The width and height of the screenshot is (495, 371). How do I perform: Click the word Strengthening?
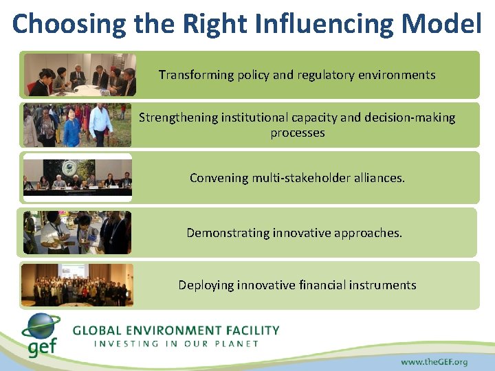point(178,117)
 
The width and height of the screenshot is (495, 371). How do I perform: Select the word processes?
point(297,133)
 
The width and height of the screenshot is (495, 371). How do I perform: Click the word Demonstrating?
point(228,233)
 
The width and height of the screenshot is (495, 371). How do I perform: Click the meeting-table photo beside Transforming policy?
point(80,74)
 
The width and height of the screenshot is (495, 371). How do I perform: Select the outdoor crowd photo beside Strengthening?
point(77,125)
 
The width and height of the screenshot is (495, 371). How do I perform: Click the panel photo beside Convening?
point(77,177)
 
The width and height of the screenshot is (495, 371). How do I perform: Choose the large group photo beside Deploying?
point(77,284)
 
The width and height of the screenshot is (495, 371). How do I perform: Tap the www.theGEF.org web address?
point(434,361)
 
